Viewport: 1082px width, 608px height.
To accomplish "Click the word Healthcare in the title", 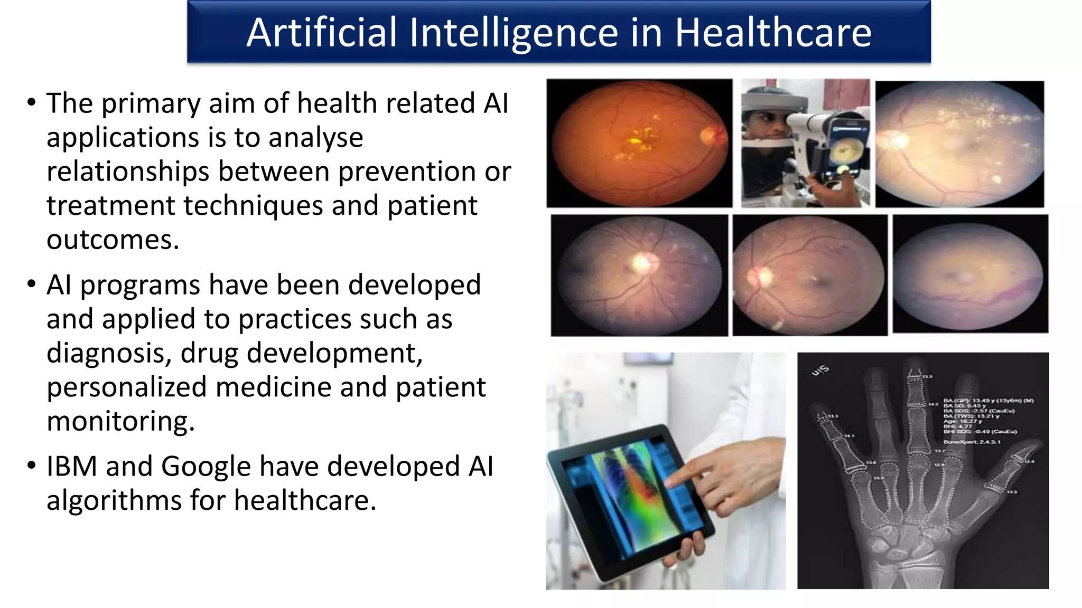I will coord(773,33).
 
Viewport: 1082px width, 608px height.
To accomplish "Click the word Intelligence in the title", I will coord(514,33).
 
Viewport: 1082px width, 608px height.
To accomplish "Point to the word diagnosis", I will coord(109,354).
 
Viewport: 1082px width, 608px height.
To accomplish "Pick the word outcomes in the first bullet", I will coord(113,240).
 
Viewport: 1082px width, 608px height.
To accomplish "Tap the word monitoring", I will coord(120,422).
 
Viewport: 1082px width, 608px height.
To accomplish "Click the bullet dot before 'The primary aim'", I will coord(32,102).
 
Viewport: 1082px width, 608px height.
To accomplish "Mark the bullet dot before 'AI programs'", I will coord(32,284).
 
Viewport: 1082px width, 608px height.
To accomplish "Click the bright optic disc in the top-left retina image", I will coord(707,136).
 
